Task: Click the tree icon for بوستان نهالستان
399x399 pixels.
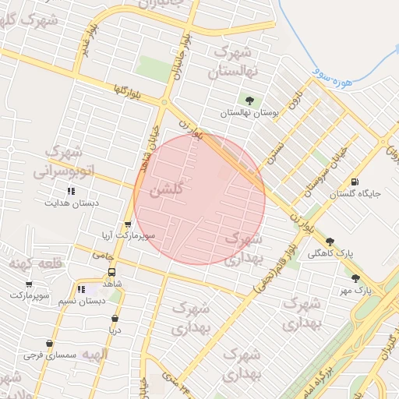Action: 249,100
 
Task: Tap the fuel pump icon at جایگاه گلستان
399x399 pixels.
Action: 356,182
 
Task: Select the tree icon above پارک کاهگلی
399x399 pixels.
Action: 330,242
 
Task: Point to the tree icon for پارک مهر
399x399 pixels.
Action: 356,278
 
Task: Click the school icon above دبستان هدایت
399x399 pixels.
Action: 71,191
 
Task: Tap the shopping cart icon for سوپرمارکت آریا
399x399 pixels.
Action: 128,224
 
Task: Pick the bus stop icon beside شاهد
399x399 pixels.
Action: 112,273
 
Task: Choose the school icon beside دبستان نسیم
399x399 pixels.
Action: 81,290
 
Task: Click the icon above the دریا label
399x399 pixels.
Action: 115,318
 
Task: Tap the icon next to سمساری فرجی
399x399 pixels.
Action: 50,343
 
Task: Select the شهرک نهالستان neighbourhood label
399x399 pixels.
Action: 233,63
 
